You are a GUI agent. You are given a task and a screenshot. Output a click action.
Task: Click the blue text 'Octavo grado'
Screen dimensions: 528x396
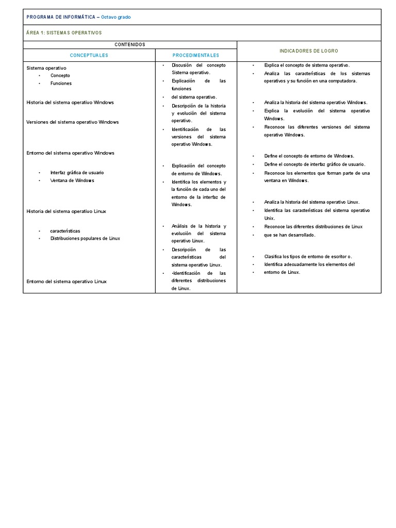(x=116, y=17)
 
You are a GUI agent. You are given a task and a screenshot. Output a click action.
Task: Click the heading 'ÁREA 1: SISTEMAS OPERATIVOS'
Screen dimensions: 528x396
(x=64, y=33)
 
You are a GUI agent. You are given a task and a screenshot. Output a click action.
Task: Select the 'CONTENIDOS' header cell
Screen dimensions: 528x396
(x=129, y=45)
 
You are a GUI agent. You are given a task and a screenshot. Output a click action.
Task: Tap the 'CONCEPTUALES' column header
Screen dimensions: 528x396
(x=89, y=55)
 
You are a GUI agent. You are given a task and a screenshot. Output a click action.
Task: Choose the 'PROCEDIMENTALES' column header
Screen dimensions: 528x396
(x=196, y=55)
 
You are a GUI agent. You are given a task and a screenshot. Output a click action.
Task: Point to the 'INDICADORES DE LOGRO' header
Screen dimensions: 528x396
(x=309, y=51)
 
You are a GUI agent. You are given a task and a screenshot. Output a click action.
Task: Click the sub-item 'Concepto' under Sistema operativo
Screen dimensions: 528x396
(x=60, y=76)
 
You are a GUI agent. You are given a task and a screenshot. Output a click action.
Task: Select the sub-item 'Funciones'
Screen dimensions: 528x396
(x=61, y=84)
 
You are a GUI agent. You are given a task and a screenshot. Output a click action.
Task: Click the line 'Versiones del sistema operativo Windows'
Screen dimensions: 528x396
(x=73, y=122)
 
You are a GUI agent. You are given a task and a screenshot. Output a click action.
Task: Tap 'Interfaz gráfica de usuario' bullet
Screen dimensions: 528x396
(x=77, y=173)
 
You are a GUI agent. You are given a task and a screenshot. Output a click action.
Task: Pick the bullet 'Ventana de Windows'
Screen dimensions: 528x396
(x=72, y=180)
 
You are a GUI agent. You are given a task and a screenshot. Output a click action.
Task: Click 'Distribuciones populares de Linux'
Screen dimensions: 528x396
(x=85, y=239)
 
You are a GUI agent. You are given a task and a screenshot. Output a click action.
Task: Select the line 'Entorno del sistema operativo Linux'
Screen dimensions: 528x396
(x=67, y=282)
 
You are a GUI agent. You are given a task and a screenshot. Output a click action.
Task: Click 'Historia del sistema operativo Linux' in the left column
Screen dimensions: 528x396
(x=67, y=211)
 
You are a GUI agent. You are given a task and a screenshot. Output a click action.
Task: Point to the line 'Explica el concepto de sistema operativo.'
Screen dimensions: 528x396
(x=307, y=65)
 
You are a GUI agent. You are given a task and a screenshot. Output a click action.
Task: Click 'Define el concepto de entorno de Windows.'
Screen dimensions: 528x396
(x=309, y=156)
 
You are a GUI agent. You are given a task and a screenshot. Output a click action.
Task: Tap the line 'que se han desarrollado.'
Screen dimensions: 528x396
(x=289, y=235)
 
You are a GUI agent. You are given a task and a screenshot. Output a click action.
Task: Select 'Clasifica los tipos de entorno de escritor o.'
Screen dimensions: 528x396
(x=308, y=257)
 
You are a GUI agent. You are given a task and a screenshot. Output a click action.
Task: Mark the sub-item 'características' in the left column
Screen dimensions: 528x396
(x=65, y=231)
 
